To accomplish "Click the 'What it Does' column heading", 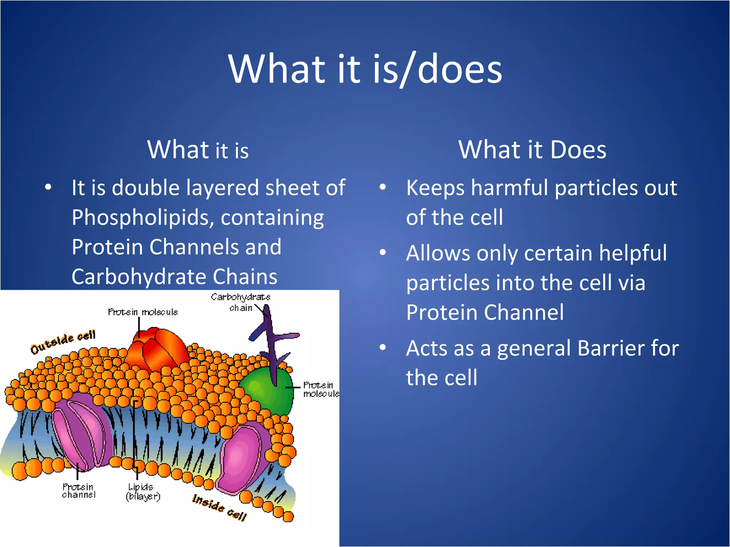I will [x=532, y=150].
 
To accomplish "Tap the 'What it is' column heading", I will [x=198, y=150].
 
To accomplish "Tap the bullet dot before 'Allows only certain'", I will [x=383, y=252].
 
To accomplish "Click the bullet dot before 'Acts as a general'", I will [x=383, y=347].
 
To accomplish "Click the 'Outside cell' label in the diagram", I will [x=63, y=342].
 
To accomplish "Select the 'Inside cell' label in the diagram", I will [x=219, y=507].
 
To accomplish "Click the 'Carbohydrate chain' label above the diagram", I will [x=241, y=302].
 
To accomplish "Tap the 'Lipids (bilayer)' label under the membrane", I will [x=143, y=491].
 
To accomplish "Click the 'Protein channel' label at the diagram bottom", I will [x=79, y=491].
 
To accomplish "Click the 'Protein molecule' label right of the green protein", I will [x=320, y=389].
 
